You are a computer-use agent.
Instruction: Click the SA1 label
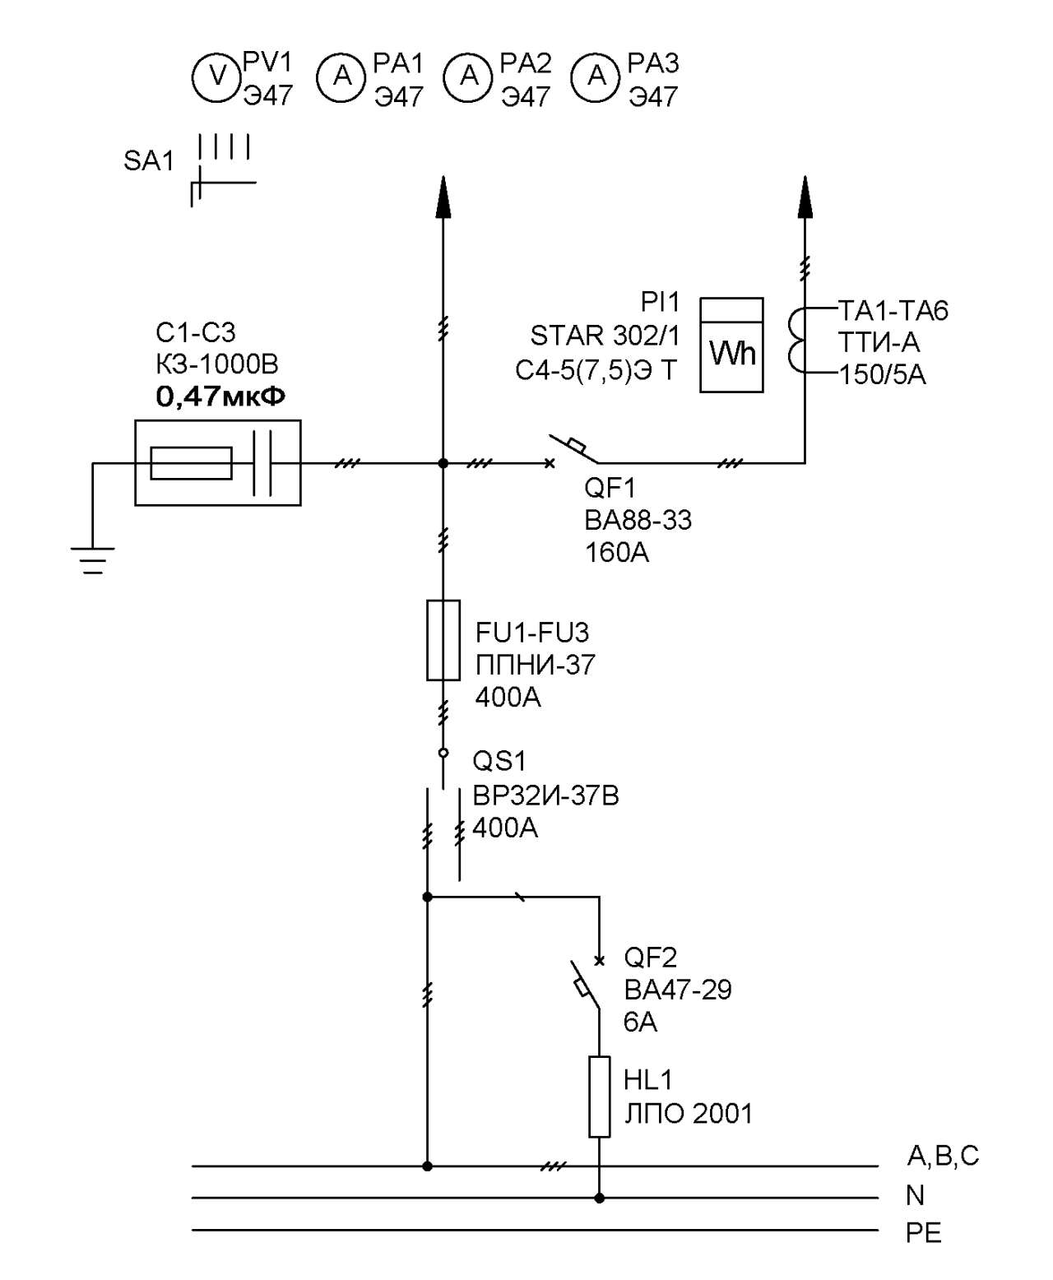click(149, 161)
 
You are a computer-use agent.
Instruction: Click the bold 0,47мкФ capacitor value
click(220, 397)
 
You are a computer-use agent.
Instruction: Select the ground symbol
click(92, 561)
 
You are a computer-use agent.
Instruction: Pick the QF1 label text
click(610, 487)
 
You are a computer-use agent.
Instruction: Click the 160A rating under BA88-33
click(617, 553)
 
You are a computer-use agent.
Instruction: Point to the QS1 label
click(499, 761)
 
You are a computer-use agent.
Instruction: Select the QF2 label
click(650, 958)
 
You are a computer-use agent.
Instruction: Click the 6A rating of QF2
click(640, 1023)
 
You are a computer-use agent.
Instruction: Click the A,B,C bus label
click(943, 1156)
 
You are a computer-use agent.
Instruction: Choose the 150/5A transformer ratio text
click(883, 375)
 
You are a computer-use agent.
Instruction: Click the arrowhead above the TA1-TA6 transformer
click(805, 197)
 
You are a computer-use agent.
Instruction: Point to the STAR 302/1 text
click(605, 336)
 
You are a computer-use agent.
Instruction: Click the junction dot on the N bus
click(599, 1198)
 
